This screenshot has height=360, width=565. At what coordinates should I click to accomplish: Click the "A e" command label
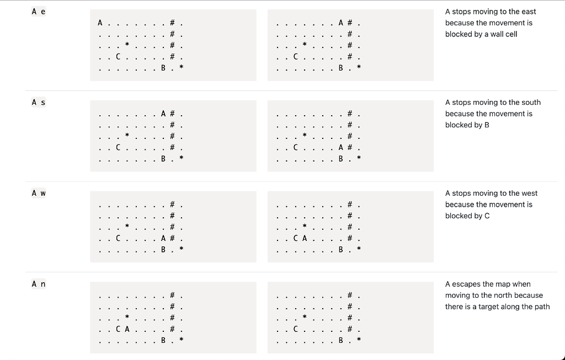[39, 12]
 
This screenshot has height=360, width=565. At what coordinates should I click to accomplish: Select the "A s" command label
[39, 102]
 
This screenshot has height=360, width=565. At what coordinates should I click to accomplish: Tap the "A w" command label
[39, 193]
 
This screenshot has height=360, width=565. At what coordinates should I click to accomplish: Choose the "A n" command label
[39, 284]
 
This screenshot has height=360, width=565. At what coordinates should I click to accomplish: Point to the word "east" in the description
[528, 12]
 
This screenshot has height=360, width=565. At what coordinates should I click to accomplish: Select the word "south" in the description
[529, 102]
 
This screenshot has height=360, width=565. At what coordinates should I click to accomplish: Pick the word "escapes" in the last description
[466, 284]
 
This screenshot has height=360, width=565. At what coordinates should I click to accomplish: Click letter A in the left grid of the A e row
[100, 23]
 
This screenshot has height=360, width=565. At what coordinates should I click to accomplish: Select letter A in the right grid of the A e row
[340, 23]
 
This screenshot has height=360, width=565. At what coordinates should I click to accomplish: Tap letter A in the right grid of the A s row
[340, 147]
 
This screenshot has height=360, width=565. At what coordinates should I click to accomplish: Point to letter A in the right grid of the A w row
[305, 238]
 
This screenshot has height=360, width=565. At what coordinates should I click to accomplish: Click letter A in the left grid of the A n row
[127, 329]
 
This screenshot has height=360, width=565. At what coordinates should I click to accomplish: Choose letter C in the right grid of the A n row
[296, 329]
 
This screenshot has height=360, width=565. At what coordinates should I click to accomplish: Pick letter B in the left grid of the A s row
[163, 159]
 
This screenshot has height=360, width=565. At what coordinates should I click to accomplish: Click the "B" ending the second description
[487, 125]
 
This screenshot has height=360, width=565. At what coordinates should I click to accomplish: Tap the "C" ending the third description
[487, 216]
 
